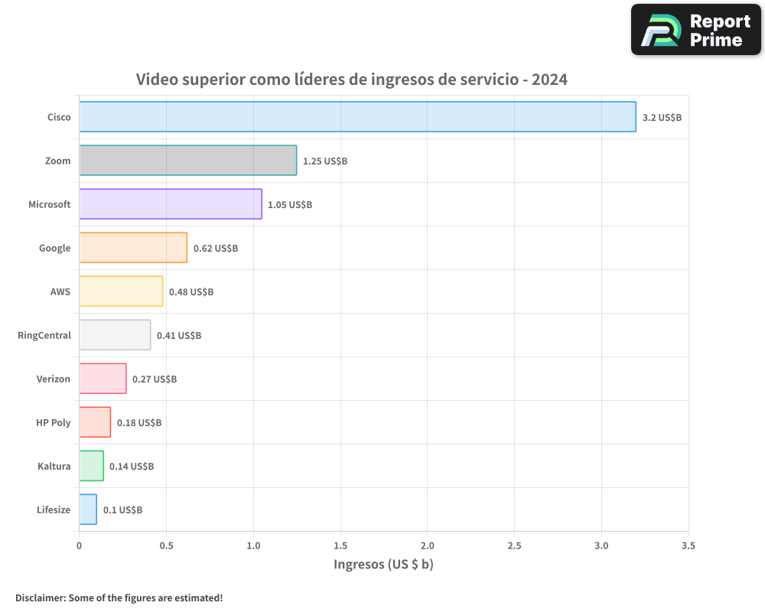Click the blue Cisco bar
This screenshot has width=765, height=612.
click(357, 117)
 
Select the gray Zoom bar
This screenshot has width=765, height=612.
click(187, 161)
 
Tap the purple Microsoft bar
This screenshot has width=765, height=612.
click(171, 204)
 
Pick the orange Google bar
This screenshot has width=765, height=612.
click(133, 248)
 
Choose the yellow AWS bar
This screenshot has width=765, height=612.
click(121, 291)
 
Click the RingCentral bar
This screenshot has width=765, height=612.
click(115, 335)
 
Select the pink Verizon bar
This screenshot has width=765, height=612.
click(103, 379)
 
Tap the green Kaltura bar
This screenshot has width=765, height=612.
click(91, 466)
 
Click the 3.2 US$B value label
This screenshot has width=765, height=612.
click(662, 118)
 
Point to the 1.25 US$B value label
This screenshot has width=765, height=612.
click(325, 161)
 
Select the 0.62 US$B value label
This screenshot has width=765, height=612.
click(216, 249)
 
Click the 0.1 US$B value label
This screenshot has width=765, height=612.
click(122, 510)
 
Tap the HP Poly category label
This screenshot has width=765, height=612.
click(53, 422)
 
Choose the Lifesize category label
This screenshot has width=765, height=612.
click(54, 509)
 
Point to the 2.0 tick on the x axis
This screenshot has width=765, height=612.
click(427, 546)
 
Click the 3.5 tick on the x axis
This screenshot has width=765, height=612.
click(688, 546)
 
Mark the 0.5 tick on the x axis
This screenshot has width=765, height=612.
click(166, 546)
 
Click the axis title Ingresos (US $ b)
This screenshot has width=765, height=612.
click(383, 565)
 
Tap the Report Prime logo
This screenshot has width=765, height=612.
click(695, 30)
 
